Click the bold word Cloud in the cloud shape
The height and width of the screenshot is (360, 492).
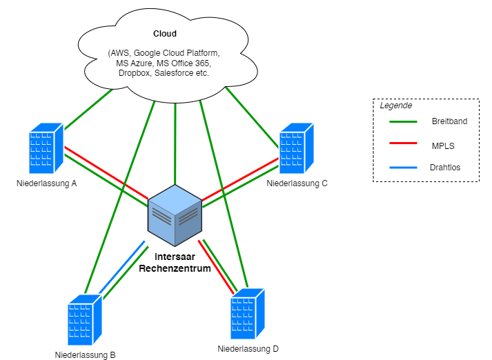(164, 34)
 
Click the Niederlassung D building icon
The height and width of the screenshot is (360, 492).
(248, 314)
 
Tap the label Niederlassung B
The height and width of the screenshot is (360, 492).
(85, 355)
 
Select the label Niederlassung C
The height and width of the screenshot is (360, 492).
(297, 183)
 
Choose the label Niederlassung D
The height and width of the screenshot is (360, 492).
(248, 349)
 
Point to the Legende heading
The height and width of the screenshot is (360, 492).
(396, 106)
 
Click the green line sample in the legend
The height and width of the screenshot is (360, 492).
(403, 121)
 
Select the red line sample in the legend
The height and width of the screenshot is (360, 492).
(403, 144)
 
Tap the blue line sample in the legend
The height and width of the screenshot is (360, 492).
(403, 168)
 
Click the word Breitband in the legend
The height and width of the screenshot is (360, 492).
(449, 121)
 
